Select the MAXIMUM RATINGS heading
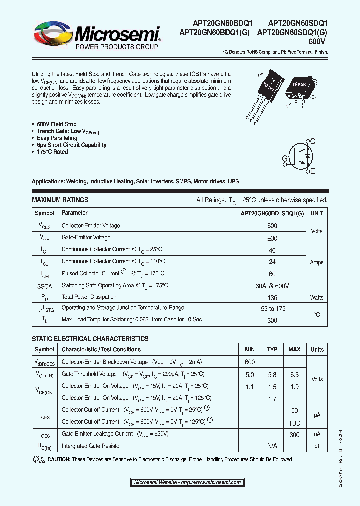tap(60, 200)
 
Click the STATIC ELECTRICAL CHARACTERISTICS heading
tap(90, 339)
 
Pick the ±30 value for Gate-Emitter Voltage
tap(272, 238)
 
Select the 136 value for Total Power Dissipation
tap(272, 297)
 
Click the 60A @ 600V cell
tap(272, 285)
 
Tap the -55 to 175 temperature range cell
tap(272, 309)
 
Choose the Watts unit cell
tap(317, 297)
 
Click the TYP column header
tap(272, 349)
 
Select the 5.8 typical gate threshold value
tap(272, 374)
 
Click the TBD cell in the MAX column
tap(294, 422)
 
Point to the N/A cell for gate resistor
tap(272, 445)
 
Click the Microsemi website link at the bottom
tap(188, 482)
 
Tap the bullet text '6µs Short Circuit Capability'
tap(72, 145)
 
